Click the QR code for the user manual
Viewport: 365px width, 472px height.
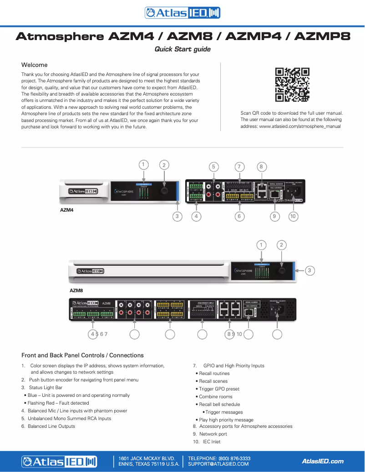point(292,85)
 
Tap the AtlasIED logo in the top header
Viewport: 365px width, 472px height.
point(182,13)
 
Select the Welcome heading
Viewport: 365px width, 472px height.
point(35,65)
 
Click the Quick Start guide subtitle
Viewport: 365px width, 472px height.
point(182,49)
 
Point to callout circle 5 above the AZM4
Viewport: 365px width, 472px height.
point(213,167)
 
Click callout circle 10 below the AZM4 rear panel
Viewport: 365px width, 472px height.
point(294,217)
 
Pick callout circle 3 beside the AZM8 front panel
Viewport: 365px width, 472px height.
point(309,270)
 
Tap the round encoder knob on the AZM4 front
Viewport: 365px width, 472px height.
point(165,191)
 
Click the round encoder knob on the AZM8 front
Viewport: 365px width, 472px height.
point(282,270)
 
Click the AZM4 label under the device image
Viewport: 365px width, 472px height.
point(67,211)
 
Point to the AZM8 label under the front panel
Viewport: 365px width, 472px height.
point(76,289)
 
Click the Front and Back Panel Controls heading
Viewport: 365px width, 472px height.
point(82,355)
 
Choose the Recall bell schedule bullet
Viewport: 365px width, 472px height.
point(219,404)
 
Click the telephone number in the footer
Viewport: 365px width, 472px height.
point(219,458)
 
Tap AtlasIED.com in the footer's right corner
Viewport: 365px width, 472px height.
point(323,461)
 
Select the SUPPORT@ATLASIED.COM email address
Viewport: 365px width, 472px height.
point(218,464)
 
